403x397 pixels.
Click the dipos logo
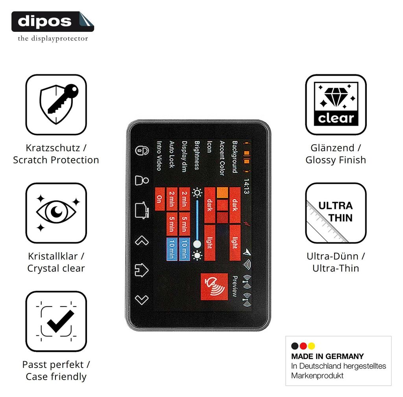pos(53,22)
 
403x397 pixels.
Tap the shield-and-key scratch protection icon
pos(56,105)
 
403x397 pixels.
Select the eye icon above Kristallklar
pos(56,213)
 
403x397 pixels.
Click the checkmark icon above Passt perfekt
pos(56,321)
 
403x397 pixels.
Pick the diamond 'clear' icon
pos(336,105)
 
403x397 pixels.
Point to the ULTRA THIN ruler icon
pos(336,213)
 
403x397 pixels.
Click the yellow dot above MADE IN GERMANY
pos(312,346)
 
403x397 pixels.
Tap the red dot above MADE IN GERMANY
pos(303,346)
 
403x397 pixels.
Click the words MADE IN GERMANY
pos(327,356)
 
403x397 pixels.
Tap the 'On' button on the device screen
pos(160,199)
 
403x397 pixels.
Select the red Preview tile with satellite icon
pos(214,287)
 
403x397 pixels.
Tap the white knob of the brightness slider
pos(197,244)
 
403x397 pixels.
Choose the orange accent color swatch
pos(222,193)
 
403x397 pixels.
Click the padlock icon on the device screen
pos(142,151)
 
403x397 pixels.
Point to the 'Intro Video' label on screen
pos(159,156)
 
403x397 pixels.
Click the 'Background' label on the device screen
pos(235,157)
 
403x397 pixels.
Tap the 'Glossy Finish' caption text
pos(336,160)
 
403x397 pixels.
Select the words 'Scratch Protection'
pos(56,160)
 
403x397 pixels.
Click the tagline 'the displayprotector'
pos(53,39)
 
